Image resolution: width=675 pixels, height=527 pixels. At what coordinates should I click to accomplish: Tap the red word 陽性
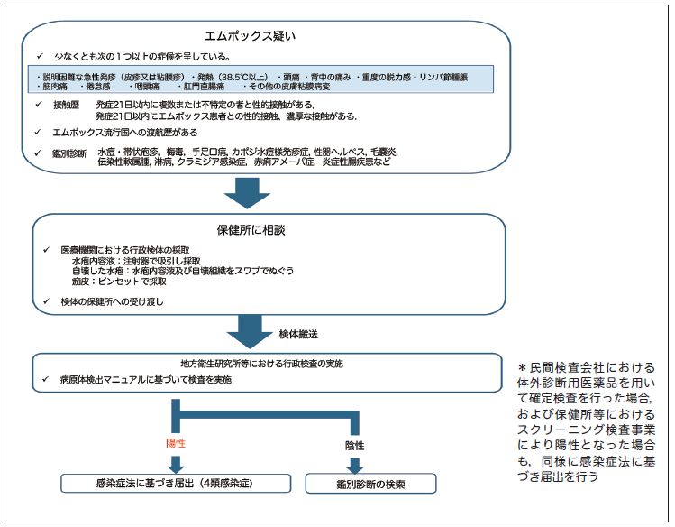[177, 443]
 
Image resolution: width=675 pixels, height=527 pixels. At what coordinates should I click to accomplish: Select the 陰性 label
[354, 446]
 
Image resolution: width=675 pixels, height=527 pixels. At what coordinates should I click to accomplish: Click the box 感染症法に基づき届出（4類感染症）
[175, 484]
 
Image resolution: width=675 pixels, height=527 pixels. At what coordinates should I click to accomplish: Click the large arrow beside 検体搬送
[251, 331]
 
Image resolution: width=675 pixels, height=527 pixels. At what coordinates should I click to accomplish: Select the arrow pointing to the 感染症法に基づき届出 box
[176, 462]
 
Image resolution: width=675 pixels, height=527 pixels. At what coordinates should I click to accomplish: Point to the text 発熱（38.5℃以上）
[231, 76]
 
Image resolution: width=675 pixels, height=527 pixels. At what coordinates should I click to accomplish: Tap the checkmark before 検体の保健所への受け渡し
[48, 300]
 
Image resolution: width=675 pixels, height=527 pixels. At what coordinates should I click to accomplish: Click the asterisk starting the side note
[523, 367]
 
